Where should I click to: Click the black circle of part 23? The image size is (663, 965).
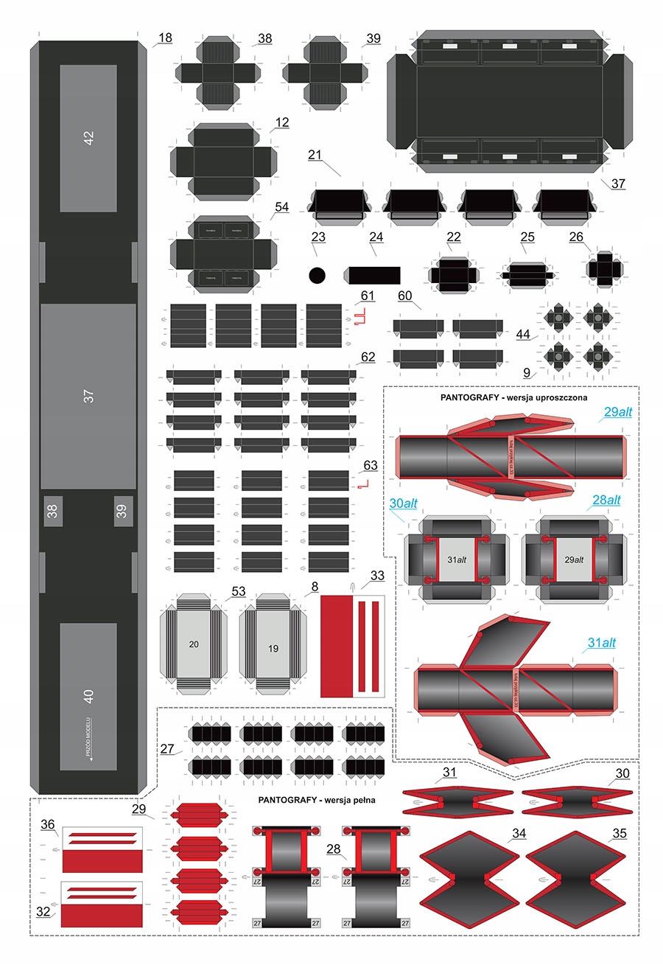click(x=317, y=275)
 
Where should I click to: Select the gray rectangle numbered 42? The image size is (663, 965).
click(x=88, y=138)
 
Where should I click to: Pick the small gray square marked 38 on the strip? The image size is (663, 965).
click(x=52, y=511)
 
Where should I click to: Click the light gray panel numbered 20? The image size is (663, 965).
click(x=194, y=644)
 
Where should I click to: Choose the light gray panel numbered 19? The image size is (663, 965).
click(x=273, y=649)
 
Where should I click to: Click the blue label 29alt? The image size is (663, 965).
click(x=617, y=413)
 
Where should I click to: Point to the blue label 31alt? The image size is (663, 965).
click(x=601, y=643)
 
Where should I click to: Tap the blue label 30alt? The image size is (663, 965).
click(x=404, y=504)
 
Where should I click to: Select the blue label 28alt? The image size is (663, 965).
click(x=606, y=500)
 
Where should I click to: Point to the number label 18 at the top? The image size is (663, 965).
click(x=165, y=38)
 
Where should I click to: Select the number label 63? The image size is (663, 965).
click(x=370, y=465)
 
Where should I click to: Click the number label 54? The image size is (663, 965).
click(x=281, y=208)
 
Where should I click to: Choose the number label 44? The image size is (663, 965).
click(x=523, y=334)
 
